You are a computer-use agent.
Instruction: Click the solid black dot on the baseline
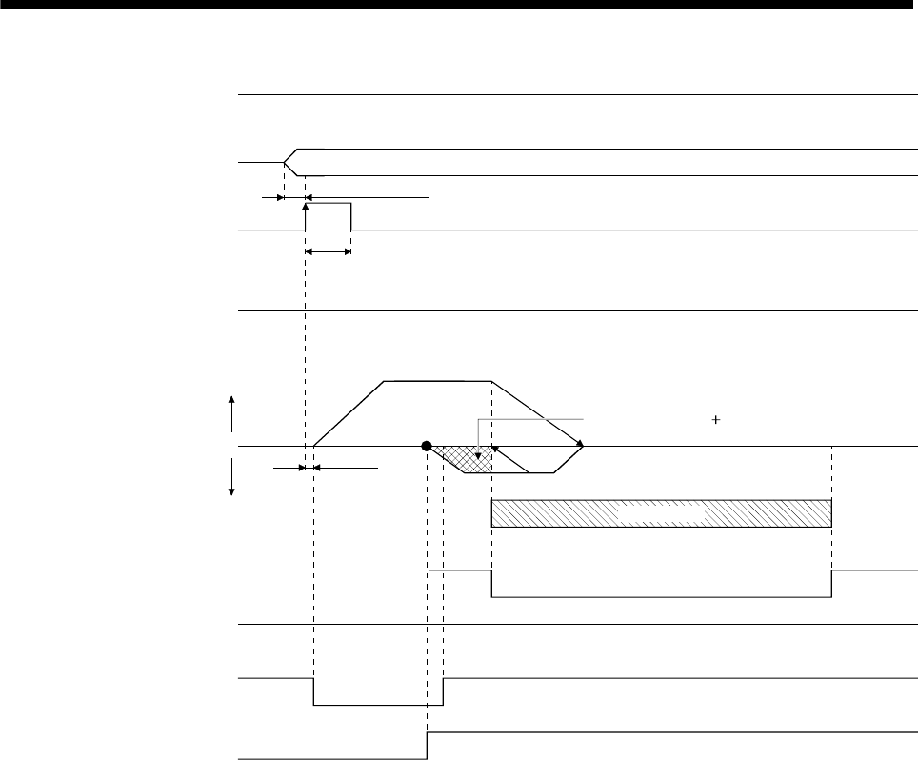(x=427, y=445)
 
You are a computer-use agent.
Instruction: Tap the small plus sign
(x=714, y=417)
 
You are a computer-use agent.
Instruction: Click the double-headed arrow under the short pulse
(x=329, y=251)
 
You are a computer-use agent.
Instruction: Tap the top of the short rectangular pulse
(x=329, y=203)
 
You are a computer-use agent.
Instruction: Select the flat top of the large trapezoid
(x=436, y=380)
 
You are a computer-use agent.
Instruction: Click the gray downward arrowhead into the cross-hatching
(x=478, y=454)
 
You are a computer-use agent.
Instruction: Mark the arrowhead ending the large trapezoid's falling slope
(x=578, y=443)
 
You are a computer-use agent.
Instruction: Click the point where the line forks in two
(x=285, y=163)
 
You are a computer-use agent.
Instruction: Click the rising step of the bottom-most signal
(x=427, y=746)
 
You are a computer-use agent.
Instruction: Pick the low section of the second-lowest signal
(x=378, y=705)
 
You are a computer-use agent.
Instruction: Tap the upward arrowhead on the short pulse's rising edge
(x=305, y=203)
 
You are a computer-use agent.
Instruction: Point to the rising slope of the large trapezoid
(x=349, y=412)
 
